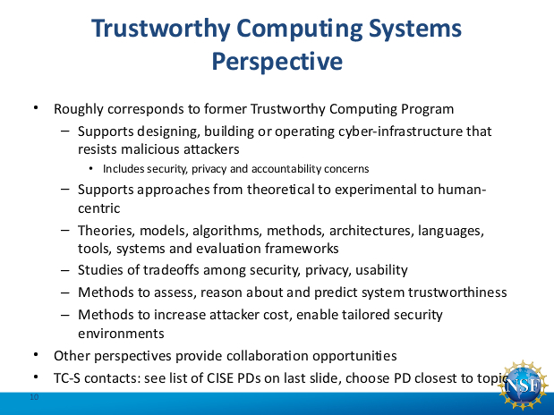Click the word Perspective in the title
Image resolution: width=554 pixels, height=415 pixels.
277,62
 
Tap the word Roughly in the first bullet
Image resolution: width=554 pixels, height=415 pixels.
79,109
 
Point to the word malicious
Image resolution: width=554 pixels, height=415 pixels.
149,149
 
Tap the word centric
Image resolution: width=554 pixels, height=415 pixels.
99,208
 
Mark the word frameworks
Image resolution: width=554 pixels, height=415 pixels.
302,249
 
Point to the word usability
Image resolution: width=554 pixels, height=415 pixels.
381,270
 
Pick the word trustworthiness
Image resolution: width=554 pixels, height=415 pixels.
457,292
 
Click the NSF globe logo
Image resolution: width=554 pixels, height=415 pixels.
522,386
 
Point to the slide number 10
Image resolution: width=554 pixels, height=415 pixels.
34,397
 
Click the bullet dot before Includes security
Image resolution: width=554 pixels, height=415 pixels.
91,169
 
